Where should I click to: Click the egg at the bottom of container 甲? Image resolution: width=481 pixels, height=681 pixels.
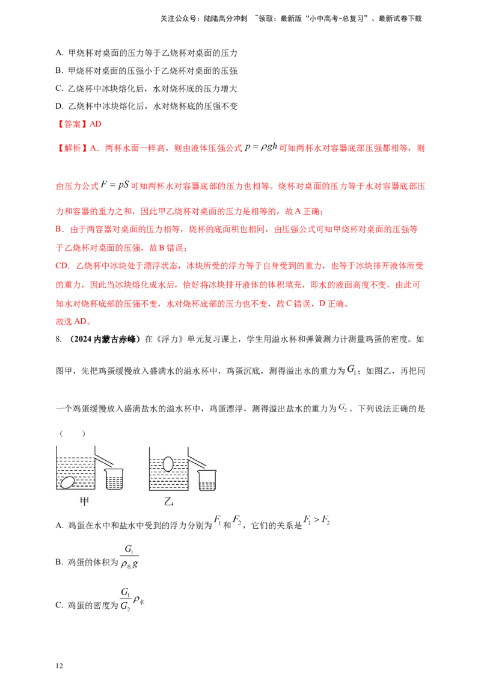[x=69, y=483]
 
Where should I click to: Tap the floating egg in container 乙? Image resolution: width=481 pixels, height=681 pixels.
[x=169, y=464]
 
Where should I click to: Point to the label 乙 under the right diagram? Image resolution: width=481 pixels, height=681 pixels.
[x=168, y=502]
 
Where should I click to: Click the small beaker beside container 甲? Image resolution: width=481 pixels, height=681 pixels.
[x=114, y=479]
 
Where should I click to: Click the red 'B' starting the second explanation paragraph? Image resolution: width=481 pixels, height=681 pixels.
[x=57, y=229]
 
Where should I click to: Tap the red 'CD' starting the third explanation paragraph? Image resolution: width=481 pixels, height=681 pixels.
[x=60, y=265]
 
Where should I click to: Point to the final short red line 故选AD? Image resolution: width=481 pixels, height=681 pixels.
[x=72, y=322]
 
